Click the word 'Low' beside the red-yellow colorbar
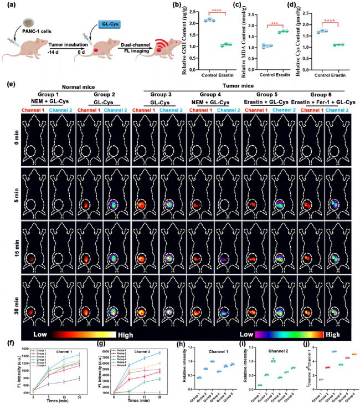tap(40, 335)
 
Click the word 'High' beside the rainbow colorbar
tap(332, 335)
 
